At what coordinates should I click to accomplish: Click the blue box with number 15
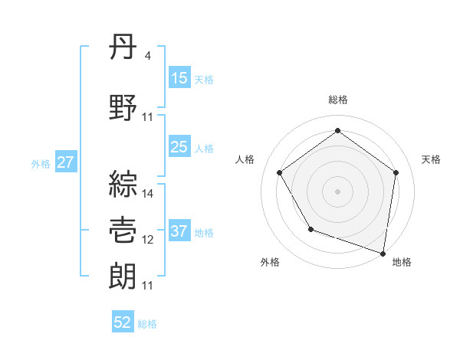[179, 78]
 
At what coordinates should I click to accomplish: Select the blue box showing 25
[179, 147]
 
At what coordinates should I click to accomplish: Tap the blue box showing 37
[179, 231]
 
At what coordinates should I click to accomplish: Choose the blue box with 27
[65, 162]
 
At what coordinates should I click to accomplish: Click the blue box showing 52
[123, 322]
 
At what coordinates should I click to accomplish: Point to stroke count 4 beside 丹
[147, 56]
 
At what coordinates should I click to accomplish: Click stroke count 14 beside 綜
[148, 194]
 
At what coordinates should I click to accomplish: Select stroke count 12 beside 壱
[148, 240]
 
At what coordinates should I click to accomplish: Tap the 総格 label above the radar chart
[337, 100]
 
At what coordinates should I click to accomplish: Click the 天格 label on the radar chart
[432, 159]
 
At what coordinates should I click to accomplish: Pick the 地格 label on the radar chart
[402, 262]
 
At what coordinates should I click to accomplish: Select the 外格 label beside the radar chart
[270, 262]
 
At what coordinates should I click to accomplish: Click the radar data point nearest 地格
[383, 253]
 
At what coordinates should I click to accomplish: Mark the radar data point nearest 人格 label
[279, 172]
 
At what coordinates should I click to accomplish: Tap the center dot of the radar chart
[337, 191]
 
